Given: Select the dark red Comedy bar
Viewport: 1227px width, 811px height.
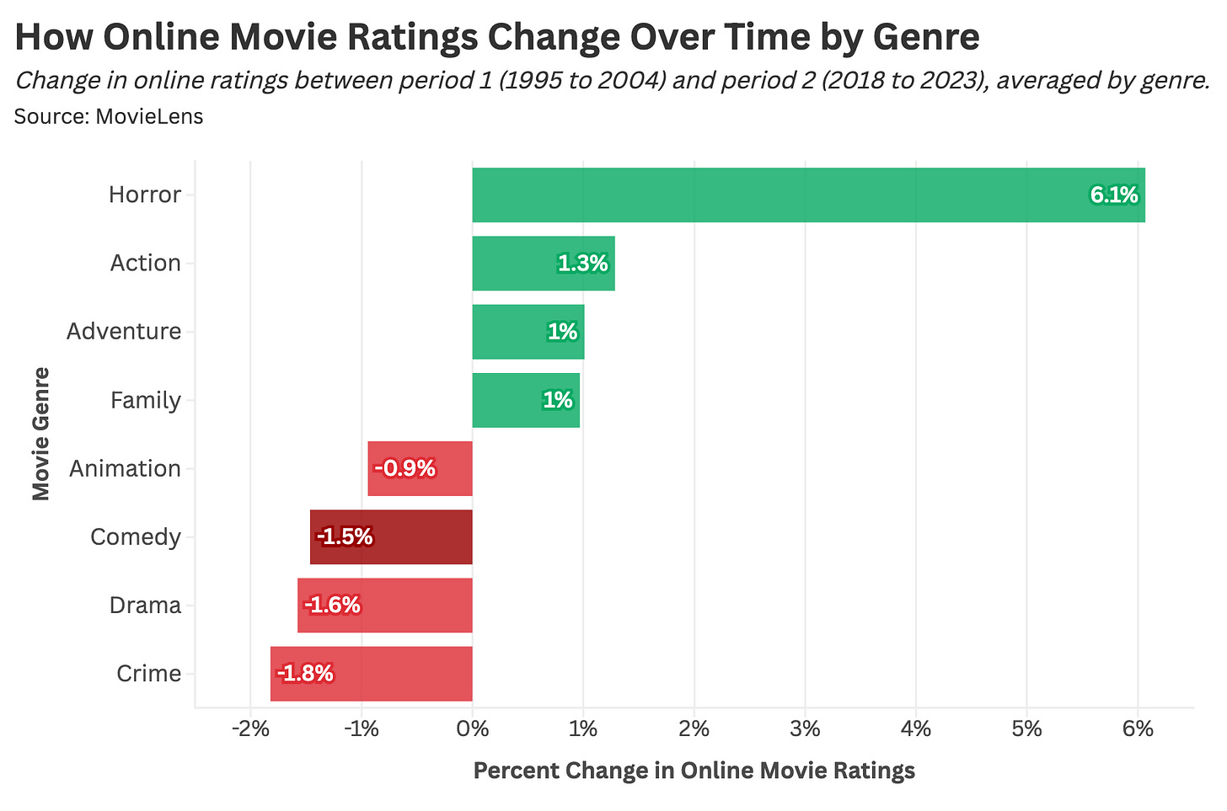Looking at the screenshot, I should click(x=391, y=537).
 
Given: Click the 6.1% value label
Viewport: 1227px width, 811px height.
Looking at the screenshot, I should click(x=1113, y=195).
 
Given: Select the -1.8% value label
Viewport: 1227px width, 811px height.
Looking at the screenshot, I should click(x=305, y=674).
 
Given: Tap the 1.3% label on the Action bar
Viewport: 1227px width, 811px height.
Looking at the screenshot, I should click(x=582, y=264).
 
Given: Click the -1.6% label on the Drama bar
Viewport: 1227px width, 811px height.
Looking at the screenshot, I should click(x=332, y=606).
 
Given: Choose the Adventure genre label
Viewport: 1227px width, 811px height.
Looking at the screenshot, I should click(x=124, y=332).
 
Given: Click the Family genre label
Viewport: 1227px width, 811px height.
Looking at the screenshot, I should click(x=145, y=400).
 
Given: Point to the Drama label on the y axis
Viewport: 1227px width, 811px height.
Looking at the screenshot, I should click(x=145, y=606).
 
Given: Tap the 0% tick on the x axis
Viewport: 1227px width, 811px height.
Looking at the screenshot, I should click(x=472, y=728).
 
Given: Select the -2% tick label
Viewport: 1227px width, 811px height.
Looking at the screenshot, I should click(x=250, y=728).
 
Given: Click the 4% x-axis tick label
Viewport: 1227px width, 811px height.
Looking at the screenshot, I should click(x=916, y=728).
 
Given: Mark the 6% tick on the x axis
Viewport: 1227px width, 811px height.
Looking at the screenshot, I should click(x=1138, y=728).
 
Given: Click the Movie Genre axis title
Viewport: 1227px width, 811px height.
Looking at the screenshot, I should click(x=40, y=434).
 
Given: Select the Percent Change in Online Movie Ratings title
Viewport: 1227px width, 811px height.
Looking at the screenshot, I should click(x=694, y=771).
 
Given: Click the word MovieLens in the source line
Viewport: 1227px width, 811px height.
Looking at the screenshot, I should click(x=149, y=116).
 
